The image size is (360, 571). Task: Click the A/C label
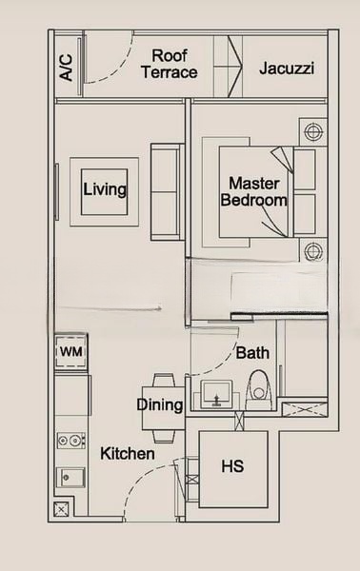pyautogui.click(x=66, y=64)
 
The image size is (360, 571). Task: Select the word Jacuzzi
pyautogui.click(x=286, y=69)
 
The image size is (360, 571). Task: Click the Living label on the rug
pyautogui.click(x=105, y=189)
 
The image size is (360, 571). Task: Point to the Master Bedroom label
pyautogui.click(x=253, y=191)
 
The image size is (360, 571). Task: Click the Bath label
pyautogui.click(x=252, y=353)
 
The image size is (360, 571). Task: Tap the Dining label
pyautogui.click(x=160, y=405)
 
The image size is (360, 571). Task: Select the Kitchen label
pyautogui.click(x=128, y=454)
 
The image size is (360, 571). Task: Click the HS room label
pyautogui.click(x=231, y=467)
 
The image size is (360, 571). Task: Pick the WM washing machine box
pyautogui.click(x=71, y=352)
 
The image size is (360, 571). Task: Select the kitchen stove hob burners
pyautogui.click(x=70, y=441)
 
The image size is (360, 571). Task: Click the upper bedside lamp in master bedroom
pyautogui.click(x=310, y=130)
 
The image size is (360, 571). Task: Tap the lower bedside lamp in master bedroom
pyautogui.click(x=310, y=251)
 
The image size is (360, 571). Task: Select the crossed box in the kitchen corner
pyautogui.click(x=62, y=511)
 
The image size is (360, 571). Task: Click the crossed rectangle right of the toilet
pyautogui.click(x=302, y=408)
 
